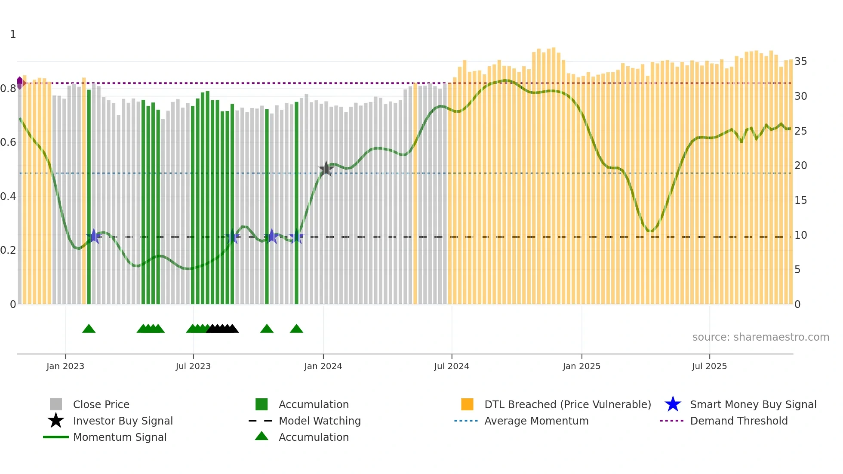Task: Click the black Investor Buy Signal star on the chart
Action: (x=326, y=169)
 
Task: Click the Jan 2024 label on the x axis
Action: (x=323, y=366)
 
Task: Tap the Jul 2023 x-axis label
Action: (x=193, y=366)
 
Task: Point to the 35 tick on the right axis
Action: (x=800, y=62)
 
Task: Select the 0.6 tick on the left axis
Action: (x=8, y=142)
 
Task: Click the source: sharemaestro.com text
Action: (x=760, y=337)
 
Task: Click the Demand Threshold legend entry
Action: (x=738, y=421)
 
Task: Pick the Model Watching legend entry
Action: (x=319, y=421)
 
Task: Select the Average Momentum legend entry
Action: (x=536, y=421)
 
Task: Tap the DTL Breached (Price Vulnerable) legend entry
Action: (x=567, y=404)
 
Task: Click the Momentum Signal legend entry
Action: (x=120, y=437)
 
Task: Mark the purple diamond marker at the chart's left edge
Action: (x=20, y=82)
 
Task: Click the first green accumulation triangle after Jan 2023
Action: (x=89, y=329)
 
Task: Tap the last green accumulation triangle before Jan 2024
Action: (x=296, y=329)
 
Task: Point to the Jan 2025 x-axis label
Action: (x=581, y=366)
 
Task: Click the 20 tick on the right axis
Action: (x=800, y=166)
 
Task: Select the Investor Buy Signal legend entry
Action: (x=123, y=421)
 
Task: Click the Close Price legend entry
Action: (x=101, y=404)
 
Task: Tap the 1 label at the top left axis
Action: (x=13, y=34)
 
